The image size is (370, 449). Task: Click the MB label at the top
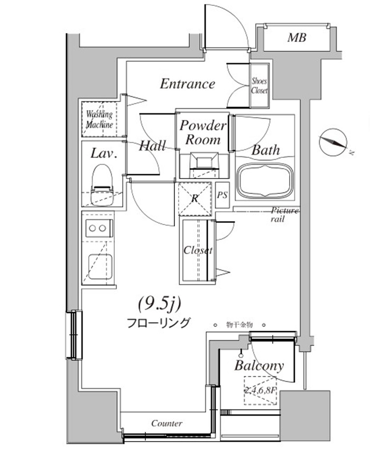tap(297, 38)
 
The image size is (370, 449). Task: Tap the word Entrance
tap(188, 83)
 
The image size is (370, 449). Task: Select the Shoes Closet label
tap(259, 86)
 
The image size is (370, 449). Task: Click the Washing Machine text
tap(99, 120)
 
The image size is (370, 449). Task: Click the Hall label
tap(153, 146)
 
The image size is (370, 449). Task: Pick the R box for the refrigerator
tap(195, 199)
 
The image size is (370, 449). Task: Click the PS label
tap(223, 195)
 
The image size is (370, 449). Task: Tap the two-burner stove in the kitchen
tap(98, 229)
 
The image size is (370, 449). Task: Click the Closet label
tap(198, 250)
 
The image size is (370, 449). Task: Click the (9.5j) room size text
tap(160, 304)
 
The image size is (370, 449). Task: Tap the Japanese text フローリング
tap(158, 323)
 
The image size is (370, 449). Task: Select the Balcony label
tap(259, 366)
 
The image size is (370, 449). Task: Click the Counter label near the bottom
tap(166, 423)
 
